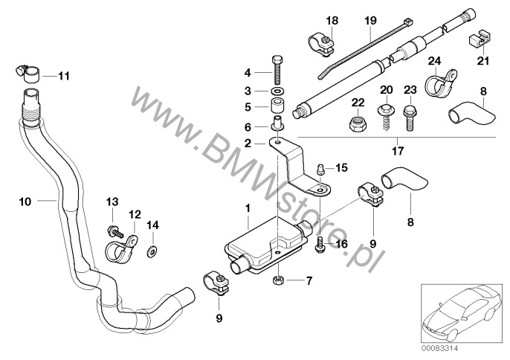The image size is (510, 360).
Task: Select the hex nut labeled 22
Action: pyautogui.click(x=357, y=125)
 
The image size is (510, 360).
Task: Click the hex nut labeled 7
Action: pyautogui.click(x=277, y=280)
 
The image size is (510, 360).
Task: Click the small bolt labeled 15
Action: pyautogui.click(x=319, y=169)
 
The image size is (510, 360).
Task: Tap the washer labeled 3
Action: pyautogui.click(x=277, y=90)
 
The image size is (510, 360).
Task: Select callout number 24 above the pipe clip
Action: pyautogui.click(x=436, y=60)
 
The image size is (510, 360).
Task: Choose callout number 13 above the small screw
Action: pyautogui.click(x=112, y=202)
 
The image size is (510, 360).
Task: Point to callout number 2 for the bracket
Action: pyautogui.click(x=256, y=141)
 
